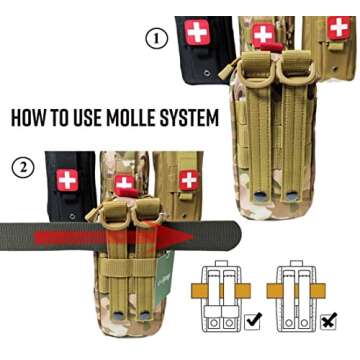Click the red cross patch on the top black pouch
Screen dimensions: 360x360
pos(196,32)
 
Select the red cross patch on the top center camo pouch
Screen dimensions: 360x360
pos(263,36)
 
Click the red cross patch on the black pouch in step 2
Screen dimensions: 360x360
pos(68,181)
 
